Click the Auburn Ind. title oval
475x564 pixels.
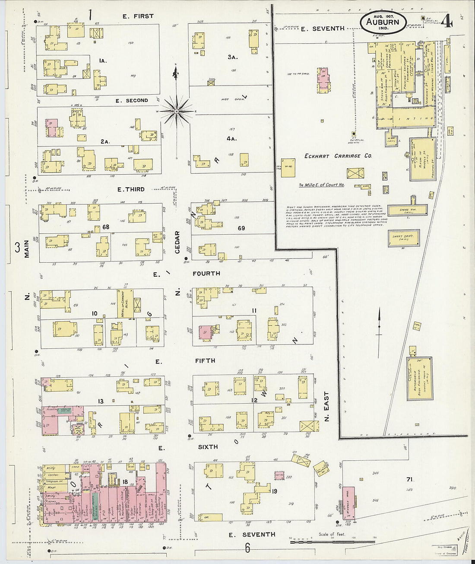(383, 22)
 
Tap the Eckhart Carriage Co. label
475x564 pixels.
(338, 156)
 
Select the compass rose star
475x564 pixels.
(177, 111)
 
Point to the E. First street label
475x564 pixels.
(138, 16)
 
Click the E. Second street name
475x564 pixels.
(132, 100)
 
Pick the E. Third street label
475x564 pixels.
(131, 189)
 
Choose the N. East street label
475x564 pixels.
(326, 406)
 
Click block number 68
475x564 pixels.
(106, 226)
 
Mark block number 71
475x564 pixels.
(409, 479)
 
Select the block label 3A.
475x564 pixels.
(233, 57)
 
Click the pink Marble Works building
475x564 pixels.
(348, 503)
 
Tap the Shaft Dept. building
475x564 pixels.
(403, 238)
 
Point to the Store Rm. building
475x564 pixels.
(406, 210)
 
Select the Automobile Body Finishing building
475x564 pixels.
(419, 379)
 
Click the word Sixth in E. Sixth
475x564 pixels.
(208, 447)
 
